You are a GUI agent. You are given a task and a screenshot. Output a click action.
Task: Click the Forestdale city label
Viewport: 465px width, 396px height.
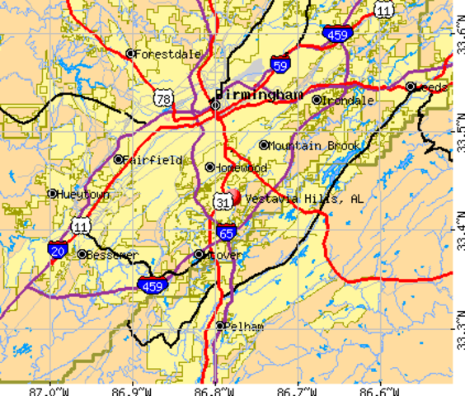click(168, 54)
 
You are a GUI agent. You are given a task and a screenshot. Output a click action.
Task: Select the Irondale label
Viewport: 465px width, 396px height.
click(347, 101)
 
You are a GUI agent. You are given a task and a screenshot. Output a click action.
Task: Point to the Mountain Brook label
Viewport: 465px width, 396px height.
click(313, 146)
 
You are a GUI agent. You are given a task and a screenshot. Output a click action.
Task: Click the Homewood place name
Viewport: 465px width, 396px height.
click(242, 167)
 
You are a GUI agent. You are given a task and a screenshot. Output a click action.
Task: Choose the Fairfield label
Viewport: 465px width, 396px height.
click(153, 159)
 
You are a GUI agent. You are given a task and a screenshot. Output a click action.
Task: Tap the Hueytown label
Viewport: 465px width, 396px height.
click(84, 195)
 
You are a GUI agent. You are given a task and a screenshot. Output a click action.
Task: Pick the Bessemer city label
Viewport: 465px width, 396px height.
click(112, 255)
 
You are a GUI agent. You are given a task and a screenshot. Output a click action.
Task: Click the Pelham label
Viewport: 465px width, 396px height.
click(244, 326)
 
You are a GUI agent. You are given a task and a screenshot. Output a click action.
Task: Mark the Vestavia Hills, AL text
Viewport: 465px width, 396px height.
click(303, 199)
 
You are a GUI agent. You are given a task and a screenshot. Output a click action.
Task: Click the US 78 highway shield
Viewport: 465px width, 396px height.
click(162, 98)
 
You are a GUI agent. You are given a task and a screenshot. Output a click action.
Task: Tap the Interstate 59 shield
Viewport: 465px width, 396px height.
click(280, 63)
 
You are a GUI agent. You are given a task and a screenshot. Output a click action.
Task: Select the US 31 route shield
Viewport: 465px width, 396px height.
click(222, 201)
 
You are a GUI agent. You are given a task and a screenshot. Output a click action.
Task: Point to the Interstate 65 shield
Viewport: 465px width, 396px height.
click(226, 233)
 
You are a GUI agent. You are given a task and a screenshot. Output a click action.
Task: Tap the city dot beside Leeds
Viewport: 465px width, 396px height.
click(410, 87)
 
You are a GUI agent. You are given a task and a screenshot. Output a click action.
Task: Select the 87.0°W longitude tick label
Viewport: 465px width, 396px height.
click(48, 389)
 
